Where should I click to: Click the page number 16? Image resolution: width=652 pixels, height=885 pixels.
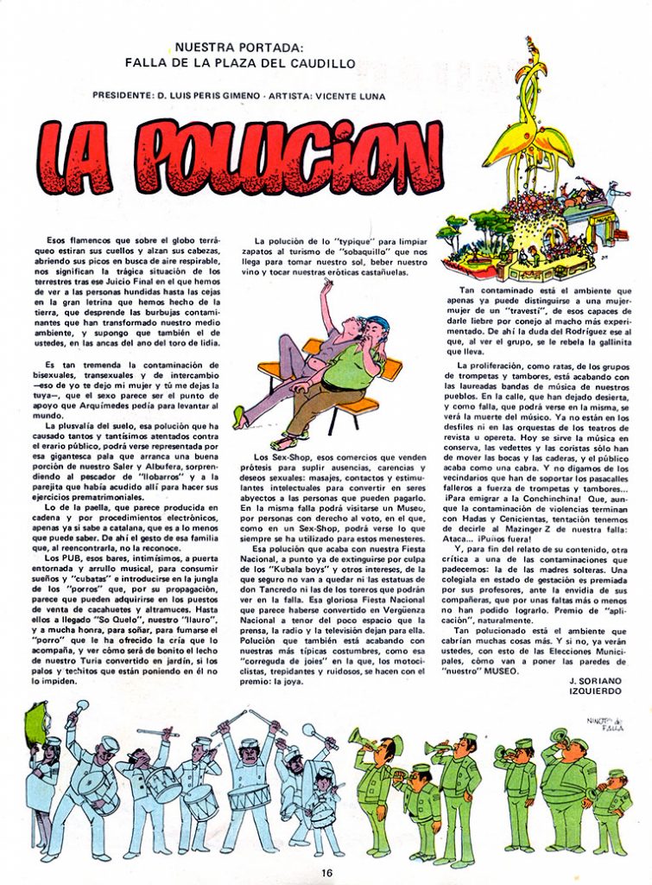[326, 871]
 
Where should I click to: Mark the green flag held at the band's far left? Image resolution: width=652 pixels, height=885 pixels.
[39, 721]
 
